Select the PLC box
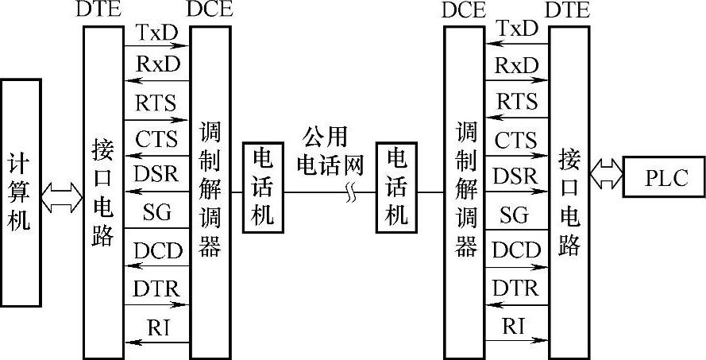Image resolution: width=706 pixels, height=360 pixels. [664, 176]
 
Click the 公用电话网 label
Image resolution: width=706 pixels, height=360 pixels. [329, 151]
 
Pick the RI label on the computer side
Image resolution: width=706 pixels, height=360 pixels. [156, 326]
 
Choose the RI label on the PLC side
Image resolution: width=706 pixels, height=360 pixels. [515, 325]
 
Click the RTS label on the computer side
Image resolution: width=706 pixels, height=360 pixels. [156, 103]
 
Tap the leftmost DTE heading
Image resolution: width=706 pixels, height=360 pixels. [99, 10]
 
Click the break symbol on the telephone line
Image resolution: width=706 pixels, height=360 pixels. [350, 192]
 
